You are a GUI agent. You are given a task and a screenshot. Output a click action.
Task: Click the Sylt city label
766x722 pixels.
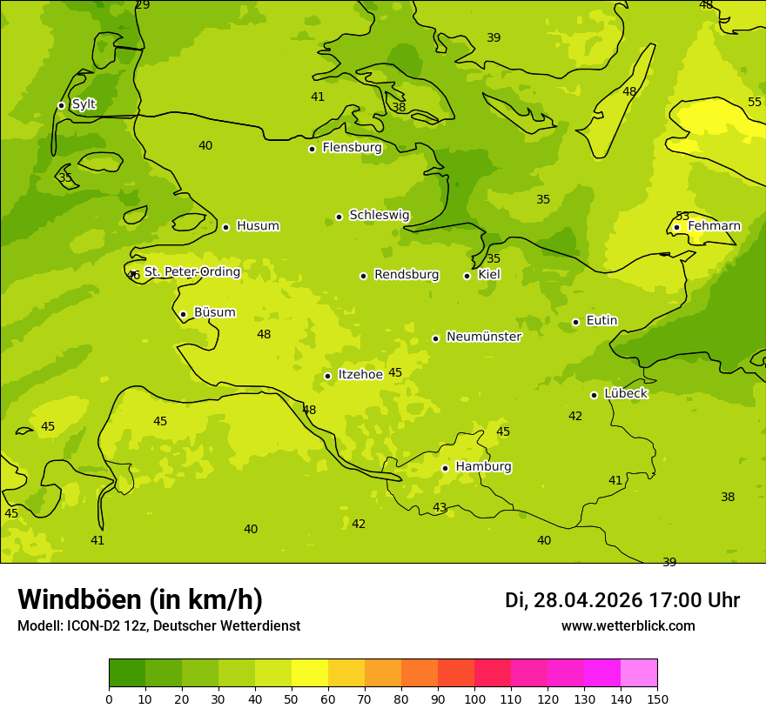tap(84, 104)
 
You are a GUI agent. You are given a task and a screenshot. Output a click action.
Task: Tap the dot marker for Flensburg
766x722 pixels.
tap(312, 149)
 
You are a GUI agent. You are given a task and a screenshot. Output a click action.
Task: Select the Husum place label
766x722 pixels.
tap(258, 226)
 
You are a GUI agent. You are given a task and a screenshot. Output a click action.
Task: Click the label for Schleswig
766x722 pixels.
tap(379, 215)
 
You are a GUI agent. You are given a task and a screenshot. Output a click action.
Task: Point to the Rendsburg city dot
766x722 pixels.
tap(363, 276)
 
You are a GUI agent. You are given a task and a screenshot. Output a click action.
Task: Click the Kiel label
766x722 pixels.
tap(489, 275)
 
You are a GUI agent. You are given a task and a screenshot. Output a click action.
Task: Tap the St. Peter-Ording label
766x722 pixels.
tap(191, 272)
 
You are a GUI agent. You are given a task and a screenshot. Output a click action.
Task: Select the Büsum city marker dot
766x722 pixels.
tap(183, 315)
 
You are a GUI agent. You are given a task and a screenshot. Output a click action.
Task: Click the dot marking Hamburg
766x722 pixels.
tap(445, 468)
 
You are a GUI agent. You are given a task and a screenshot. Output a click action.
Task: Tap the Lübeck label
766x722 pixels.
tap(625, 393)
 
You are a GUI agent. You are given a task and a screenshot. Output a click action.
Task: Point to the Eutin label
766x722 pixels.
tap(601, 321)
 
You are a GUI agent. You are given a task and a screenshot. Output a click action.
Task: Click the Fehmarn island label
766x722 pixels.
tap(714, 226)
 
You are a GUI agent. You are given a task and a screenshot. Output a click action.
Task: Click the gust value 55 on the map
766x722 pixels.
tap(755, 103)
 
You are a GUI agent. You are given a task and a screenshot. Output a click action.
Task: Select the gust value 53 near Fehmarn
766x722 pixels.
tap(682, 216)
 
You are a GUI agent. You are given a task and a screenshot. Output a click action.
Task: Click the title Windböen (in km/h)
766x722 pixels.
tap(140, 599)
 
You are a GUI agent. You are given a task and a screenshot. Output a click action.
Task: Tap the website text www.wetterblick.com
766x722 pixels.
tap(628, 626)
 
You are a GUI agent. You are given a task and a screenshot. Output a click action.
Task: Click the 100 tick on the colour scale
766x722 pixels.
tap(474, 699)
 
